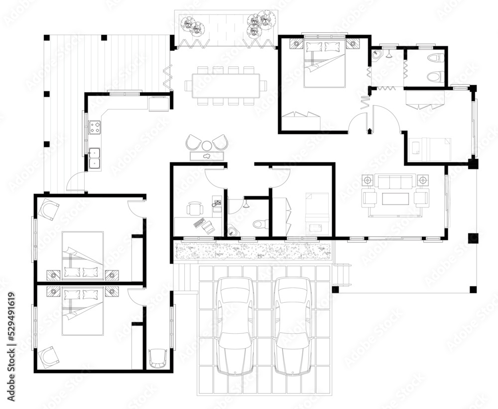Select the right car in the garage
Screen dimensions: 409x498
(293, 327)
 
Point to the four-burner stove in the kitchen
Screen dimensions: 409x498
(95, 128)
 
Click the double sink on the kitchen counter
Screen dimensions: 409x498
(94, 157)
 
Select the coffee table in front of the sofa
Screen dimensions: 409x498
(395, 199)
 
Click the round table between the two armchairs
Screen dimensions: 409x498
(207, 145)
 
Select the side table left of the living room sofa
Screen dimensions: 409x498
(368, 179)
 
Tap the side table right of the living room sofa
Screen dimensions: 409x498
(422, 179)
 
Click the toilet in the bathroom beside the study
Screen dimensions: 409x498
(259, 224)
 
